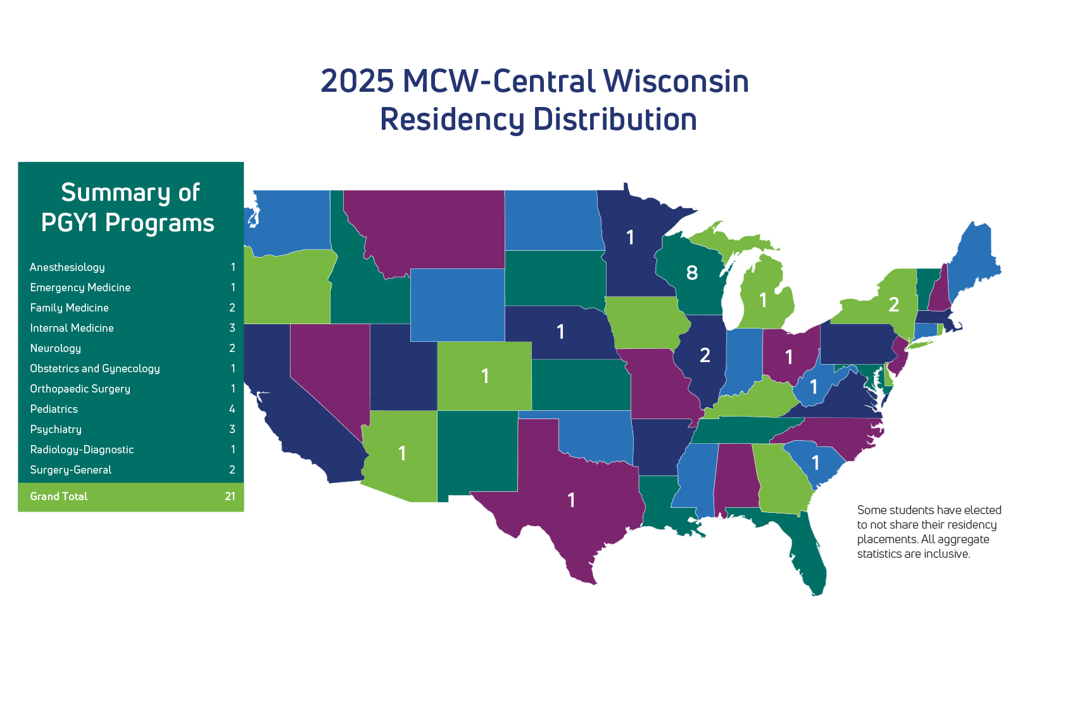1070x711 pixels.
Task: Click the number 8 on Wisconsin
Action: click(x=692, y=273)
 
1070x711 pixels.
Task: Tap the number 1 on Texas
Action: click(x=571, y=500)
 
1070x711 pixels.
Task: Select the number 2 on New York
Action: click(x=893, y=305)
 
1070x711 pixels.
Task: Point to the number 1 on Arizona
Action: click(x=402, y=453)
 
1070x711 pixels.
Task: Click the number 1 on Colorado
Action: click(x=485, y=376)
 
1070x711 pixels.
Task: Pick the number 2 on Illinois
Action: click(x=705, y=355)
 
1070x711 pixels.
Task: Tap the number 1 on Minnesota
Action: click(x=630, y=237)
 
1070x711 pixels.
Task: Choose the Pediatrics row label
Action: click(x=54, y=409)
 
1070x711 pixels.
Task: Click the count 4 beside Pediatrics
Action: click(x=232, y=409)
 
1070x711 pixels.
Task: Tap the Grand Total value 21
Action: click(x=230, y=496)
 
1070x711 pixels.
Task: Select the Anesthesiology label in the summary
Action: click(x=67, y=267)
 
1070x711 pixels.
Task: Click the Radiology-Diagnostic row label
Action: click(x=82, y=450)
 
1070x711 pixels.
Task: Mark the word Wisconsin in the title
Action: click(x=676, y=81)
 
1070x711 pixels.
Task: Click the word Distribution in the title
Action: click(x=615, y=119)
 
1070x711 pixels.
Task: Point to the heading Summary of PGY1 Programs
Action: click(x=129, y=208)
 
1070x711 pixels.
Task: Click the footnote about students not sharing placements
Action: click(x=928, y=531)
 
